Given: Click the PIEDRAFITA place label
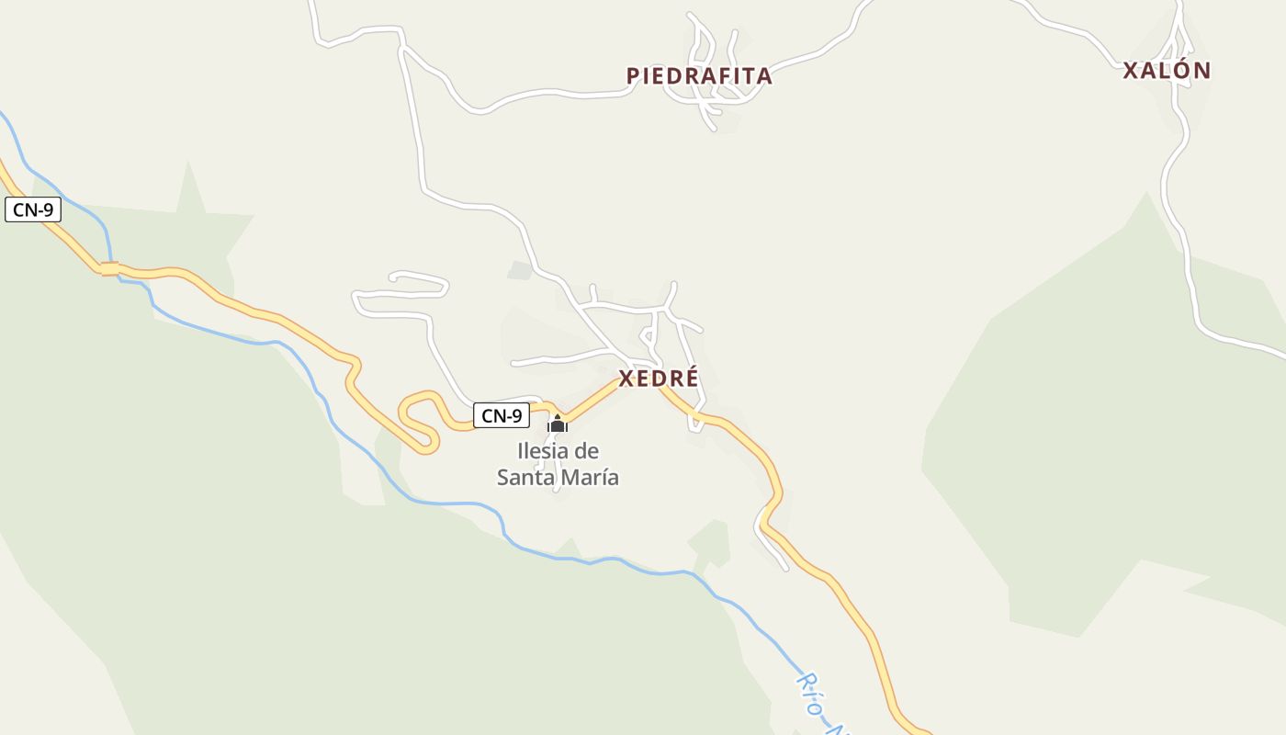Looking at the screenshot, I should pyautogui.click(x=699, y=76).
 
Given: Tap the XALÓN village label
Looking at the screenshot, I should pyautogui.click(x=1167, y=71).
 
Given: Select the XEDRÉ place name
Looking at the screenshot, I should pyautogui.click(x=659, y=379).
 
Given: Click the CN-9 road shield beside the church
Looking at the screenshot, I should pyautogui.click(x=502, y=415).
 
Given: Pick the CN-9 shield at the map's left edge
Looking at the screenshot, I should pyautogui.click(x=33, y=209).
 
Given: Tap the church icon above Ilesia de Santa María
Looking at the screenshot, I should pyautogui.click(x=558, y=424).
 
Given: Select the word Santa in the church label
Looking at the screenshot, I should pyautogui.click(x=526, y=478).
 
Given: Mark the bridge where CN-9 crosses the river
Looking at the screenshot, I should pyautogui.click(x=110, y=269).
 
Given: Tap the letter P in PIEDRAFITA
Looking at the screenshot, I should pyautogui.click(x=633, y=76).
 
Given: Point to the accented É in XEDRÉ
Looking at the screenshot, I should pyautogui.click(x=690, y=378).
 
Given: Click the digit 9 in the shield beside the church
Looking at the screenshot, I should pyautogui.click(x=517, y=416).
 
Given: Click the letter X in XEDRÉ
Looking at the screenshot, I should pyautogui.click(x=627, y=379).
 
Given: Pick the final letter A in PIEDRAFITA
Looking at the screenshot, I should pyautogui.click(x=764, y=76).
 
